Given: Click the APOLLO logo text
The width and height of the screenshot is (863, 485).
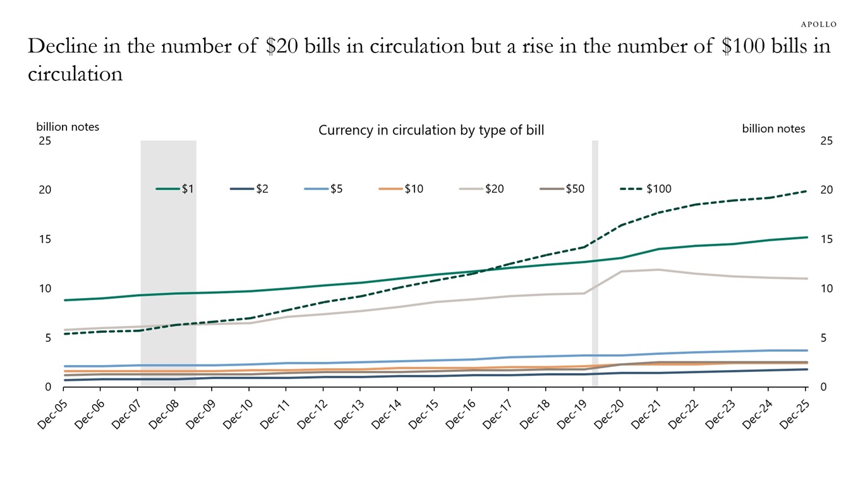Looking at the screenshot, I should (819, 24).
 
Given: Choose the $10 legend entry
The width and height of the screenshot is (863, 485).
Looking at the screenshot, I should (401, 189).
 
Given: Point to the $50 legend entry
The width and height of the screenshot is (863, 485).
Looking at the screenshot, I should (562, 189).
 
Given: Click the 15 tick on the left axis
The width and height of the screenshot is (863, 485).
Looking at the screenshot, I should (45, 239).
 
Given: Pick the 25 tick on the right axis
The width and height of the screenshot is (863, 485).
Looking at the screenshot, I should (826, 141).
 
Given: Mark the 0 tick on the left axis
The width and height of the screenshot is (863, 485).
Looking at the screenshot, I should (48, 387).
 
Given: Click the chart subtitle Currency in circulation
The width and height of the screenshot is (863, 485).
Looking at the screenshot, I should (431, 131).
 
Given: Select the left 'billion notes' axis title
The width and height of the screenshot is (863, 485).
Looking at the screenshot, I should (68, 127).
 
